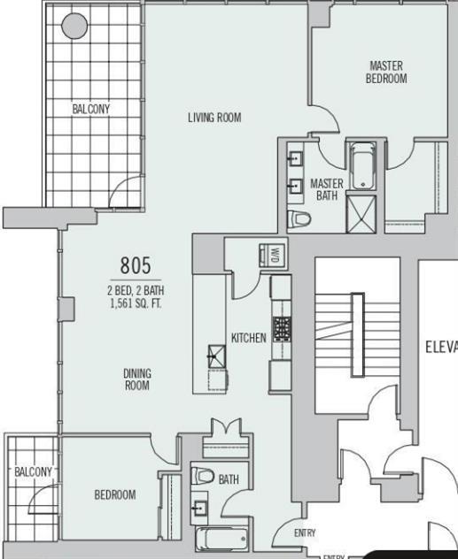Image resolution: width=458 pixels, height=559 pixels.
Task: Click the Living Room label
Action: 214,118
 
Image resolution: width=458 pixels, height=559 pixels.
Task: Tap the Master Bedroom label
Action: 386,72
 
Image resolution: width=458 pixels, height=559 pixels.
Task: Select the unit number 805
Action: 136,265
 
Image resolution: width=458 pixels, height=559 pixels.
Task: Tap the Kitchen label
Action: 248,338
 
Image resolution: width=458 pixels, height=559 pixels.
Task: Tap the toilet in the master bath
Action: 300,218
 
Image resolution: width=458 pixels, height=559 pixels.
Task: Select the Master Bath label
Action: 326,189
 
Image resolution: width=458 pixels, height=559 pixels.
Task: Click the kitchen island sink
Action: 214,355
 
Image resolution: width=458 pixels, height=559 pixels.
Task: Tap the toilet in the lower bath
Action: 201,478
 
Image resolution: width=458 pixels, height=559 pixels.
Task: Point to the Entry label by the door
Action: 305,532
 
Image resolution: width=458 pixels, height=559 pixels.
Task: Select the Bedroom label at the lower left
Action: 115,494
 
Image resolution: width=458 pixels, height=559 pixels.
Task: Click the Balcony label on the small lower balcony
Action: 34,471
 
